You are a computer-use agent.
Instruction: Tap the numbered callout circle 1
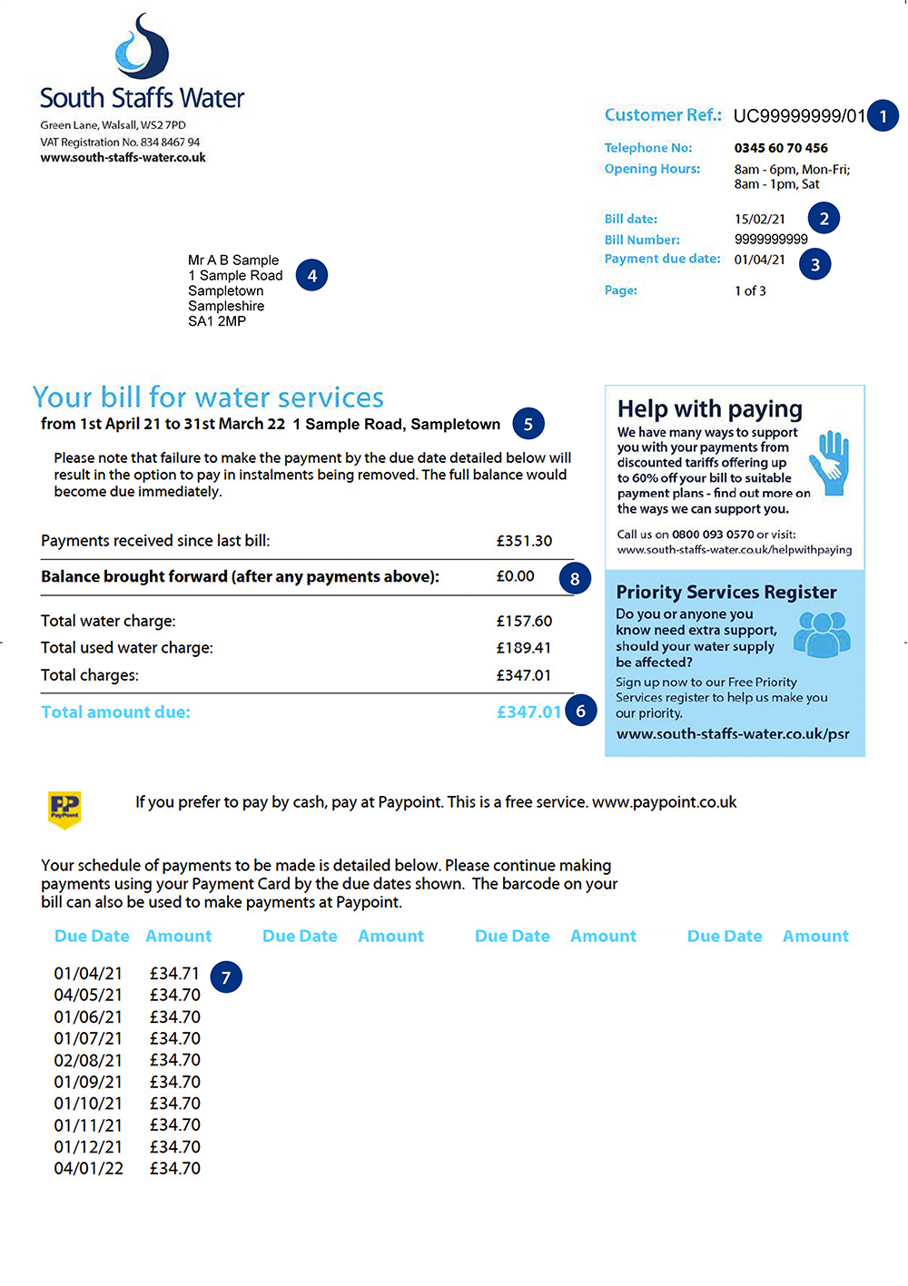883,116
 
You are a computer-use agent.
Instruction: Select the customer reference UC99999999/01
799,116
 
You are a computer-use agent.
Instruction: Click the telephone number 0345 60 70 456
781,148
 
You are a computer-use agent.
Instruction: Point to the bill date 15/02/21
760,219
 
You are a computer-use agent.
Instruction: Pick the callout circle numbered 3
814,264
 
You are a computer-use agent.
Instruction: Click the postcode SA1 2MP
217,321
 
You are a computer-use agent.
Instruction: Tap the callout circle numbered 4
311,276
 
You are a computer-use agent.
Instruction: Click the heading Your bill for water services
208,398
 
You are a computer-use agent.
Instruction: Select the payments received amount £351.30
524,541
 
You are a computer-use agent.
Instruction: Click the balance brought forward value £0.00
515,576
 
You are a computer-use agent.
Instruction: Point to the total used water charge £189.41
524,648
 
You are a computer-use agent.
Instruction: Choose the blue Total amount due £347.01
528,712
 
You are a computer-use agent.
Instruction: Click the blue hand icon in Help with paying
830,463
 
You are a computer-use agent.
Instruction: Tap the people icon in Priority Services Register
822,633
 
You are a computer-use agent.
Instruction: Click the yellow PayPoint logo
64,807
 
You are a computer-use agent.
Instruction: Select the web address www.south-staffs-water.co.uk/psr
733,734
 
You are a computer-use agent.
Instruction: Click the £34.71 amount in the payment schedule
174,974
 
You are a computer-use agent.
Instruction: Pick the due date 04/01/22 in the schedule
88,1169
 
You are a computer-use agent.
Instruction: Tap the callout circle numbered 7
226,977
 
